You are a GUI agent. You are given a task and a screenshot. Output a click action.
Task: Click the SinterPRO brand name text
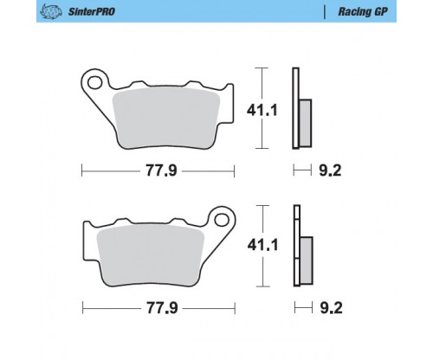click(x=92, y=11)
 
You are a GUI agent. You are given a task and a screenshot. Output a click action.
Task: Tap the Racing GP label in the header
click(x=363, y=12)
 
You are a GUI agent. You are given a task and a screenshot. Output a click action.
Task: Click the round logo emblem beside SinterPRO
click(x=51, y=11)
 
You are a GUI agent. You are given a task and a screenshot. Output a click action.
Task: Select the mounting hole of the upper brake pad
click(x=95, y=82)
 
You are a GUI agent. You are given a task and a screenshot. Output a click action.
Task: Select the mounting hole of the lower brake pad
click(x=222, y=220)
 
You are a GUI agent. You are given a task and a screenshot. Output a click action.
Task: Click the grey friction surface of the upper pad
click(x=165, y=118)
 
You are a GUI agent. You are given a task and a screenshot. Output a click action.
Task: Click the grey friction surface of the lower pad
click(x=151, y=255)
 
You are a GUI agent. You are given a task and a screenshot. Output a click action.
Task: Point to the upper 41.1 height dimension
click(x=262, y=110)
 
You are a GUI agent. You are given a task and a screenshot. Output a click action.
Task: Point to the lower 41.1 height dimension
click(x=262, y=245)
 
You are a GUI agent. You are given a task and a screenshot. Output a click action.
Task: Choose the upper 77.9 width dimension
click(x=161, y=170)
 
